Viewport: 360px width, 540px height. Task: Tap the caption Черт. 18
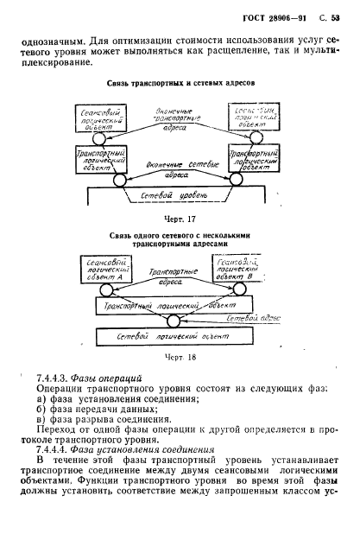click(177, 355)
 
